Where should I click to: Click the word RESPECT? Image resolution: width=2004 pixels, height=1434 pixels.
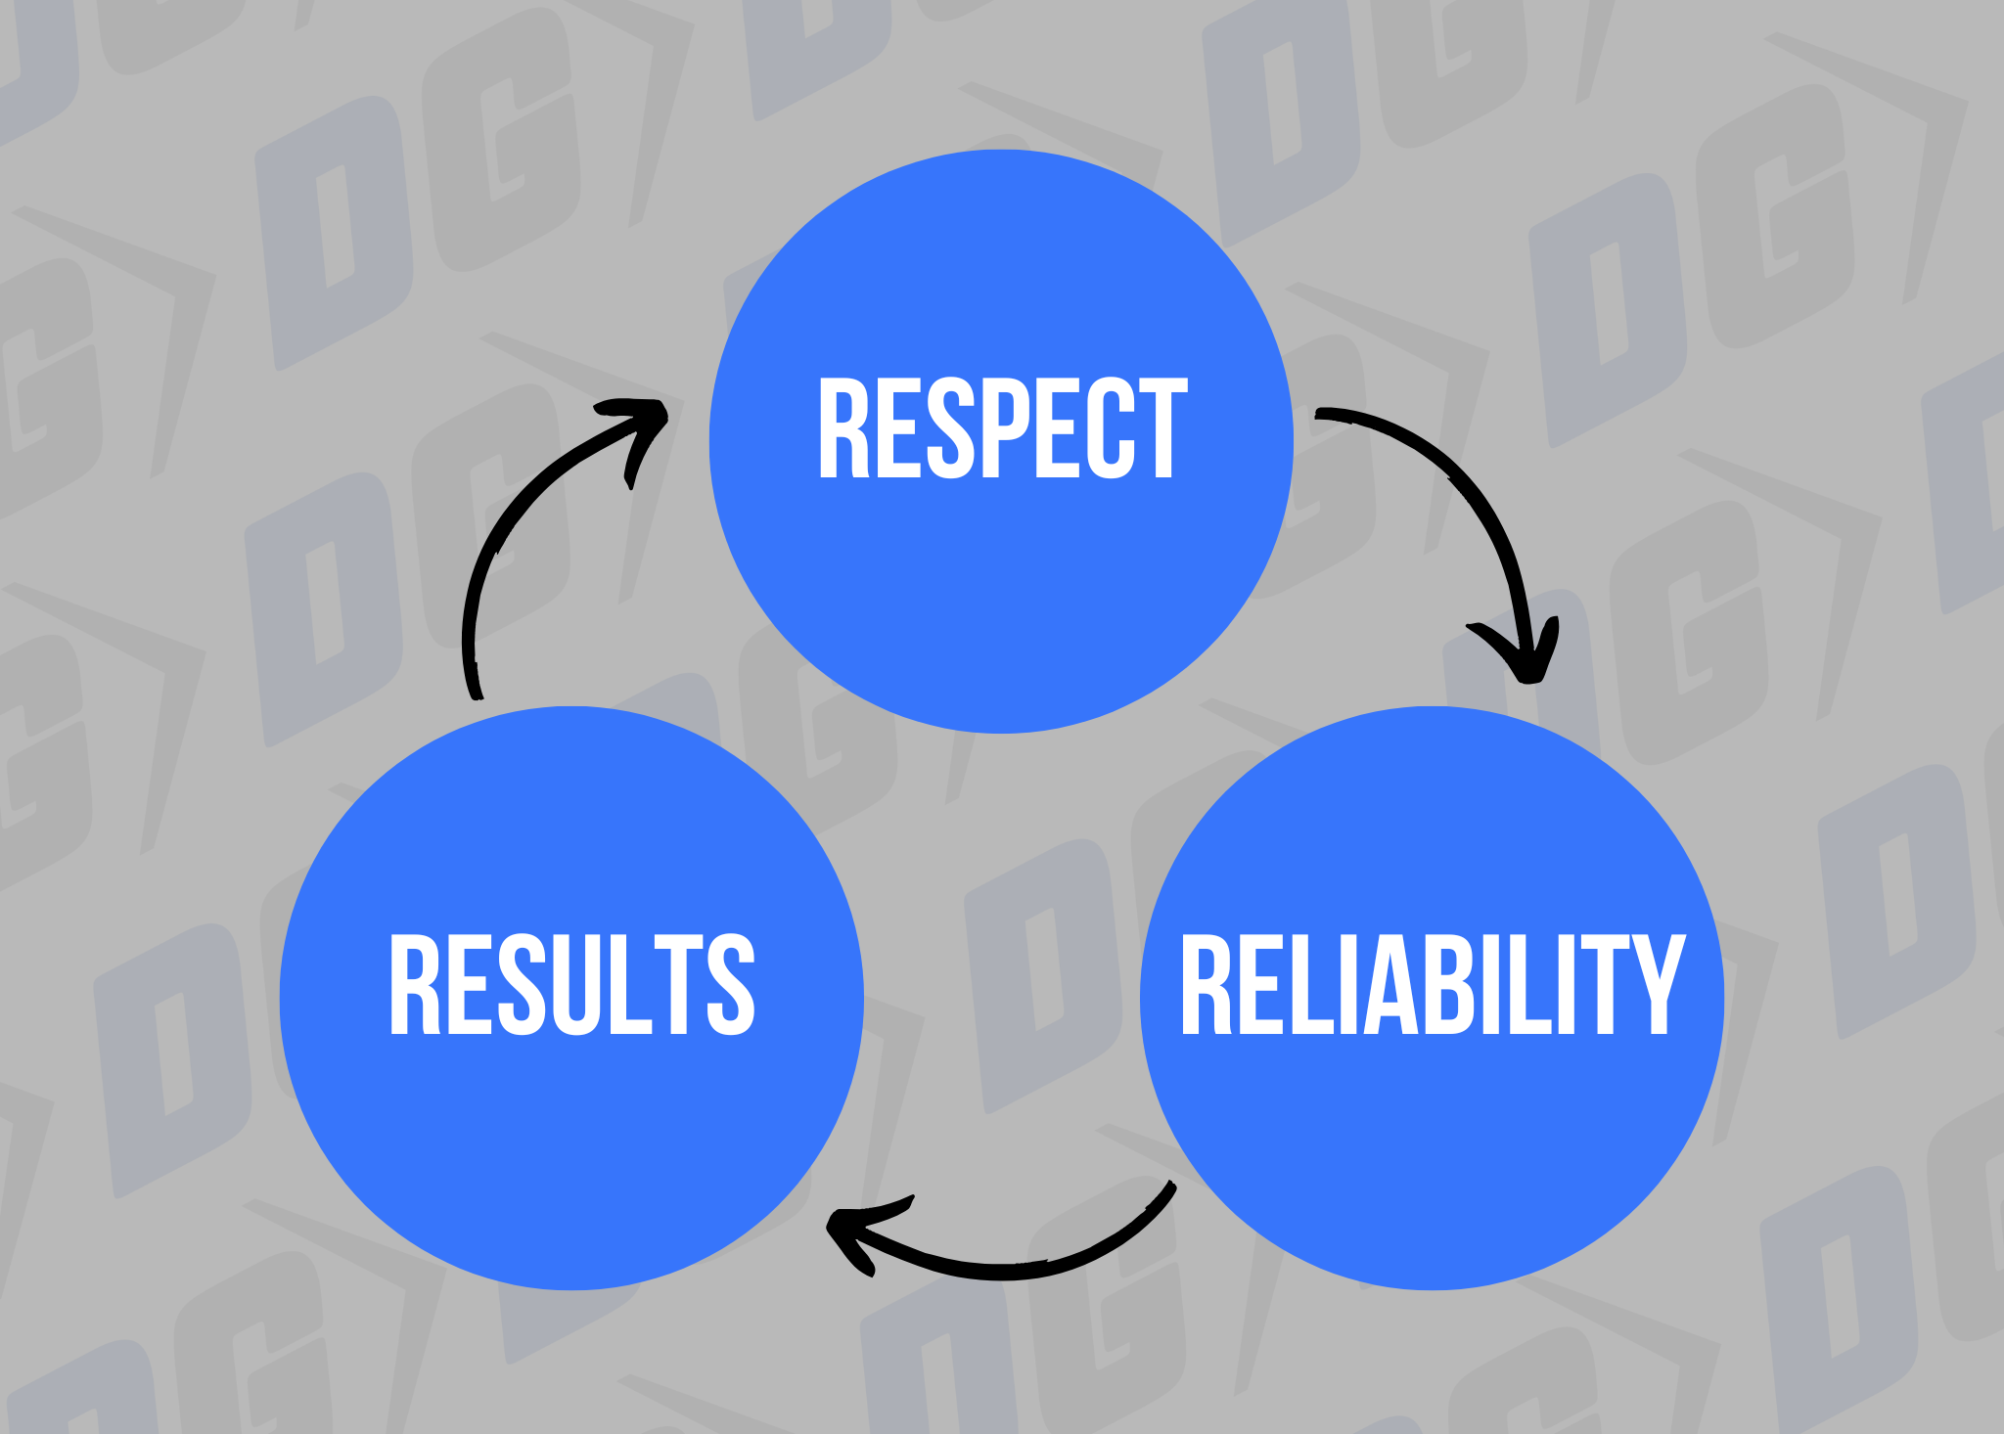coord(1002,428)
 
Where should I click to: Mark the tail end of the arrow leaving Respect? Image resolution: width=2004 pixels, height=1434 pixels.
coord(1321,413)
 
